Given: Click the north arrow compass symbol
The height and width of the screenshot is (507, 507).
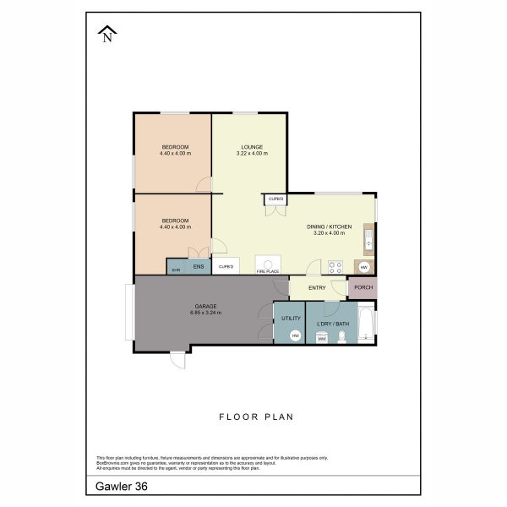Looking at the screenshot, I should [107, 34].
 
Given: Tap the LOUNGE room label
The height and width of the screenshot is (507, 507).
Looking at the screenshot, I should [251, 146].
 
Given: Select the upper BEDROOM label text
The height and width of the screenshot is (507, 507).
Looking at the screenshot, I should [176, 146].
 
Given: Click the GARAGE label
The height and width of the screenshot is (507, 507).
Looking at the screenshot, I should [205, 306].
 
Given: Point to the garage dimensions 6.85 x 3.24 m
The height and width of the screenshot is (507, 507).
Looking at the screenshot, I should [205, 313].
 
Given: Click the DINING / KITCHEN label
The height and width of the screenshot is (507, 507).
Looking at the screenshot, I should [329, 226].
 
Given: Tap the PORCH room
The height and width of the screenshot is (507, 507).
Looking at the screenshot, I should [363, 287].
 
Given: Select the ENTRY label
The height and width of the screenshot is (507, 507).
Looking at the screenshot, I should [317, 287].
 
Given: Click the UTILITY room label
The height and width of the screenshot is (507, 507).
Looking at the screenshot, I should [291, 319].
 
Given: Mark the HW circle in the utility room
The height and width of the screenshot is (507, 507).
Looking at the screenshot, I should [295, 335].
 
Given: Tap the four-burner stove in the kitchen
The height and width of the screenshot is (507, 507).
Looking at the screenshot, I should [335, 266].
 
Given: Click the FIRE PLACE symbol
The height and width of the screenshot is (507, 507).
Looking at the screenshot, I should [267, 264].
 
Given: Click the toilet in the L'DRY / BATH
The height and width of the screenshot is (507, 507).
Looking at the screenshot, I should [341, 337].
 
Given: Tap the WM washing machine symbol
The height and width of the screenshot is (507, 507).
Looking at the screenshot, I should [321, 338].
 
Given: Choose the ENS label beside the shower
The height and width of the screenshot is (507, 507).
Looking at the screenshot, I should [198, 267].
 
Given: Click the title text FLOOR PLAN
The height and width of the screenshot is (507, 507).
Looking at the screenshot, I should [254, 416].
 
